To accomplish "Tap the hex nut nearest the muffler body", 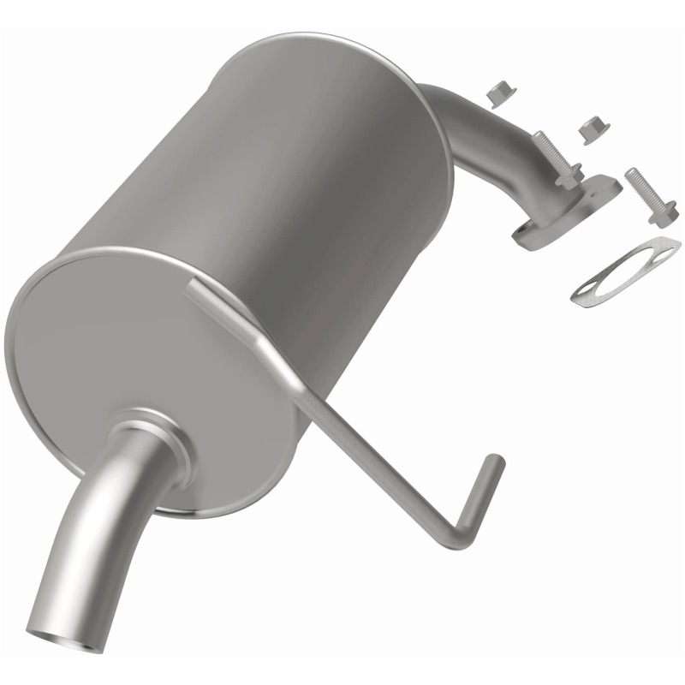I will click(x=496, y=93).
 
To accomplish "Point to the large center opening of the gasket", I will click(x=620, y=271).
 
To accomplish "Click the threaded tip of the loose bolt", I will click(x=630, y=174).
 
